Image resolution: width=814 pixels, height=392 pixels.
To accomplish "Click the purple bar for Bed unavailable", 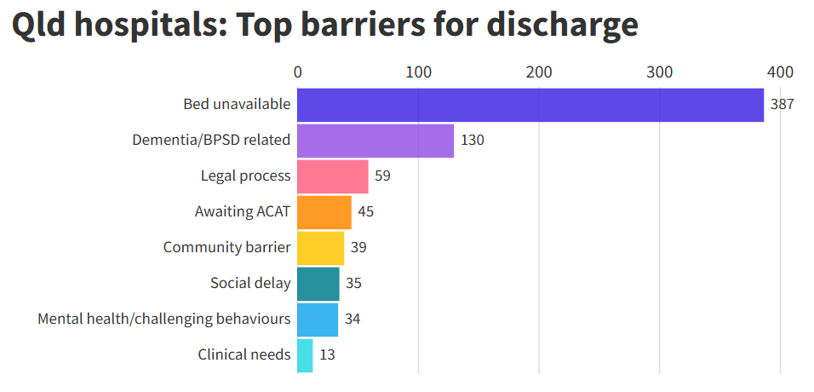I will (530, 105).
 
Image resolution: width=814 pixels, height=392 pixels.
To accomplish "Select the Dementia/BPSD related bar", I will (375, 141).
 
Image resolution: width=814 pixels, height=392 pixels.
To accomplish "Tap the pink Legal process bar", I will (333, 176).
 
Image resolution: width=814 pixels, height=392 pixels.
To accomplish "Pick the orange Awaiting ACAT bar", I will (324, 212).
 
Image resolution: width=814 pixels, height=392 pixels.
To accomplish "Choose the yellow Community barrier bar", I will (321, 248).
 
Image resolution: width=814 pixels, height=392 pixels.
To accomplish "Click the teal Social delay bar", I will (318, 284).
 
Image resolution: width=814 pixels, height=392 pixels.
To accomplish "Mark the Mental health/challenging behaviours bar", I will (318, 320).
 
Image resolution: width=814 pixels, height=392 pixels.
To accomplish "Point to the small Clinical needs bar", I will (305, 355).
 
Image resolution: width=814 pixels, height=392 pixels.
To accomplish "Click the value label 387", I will (782, 105).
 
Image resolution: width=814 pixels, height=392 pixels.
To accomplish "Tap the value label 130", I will (472, 141).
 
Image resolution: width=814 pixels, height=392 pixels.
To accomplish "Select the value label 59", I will (383, 176).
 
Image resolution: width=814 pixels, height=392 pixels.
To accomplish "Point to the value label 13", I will (327, 355).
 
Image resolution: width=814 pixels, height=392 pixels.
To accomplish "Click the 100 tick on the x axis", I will (418, 72).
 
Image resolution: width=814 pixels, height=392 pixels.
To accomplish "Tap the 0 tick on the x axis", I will (297, 72).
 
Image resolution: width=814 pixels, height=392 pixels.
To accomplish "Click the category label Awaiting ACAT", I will (242, 212).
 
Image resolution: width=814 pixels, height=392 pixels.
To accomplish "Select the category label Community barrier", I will (226, 248).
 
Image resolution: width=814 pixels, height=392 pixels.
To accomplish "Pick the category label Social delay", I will (250, 284).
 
